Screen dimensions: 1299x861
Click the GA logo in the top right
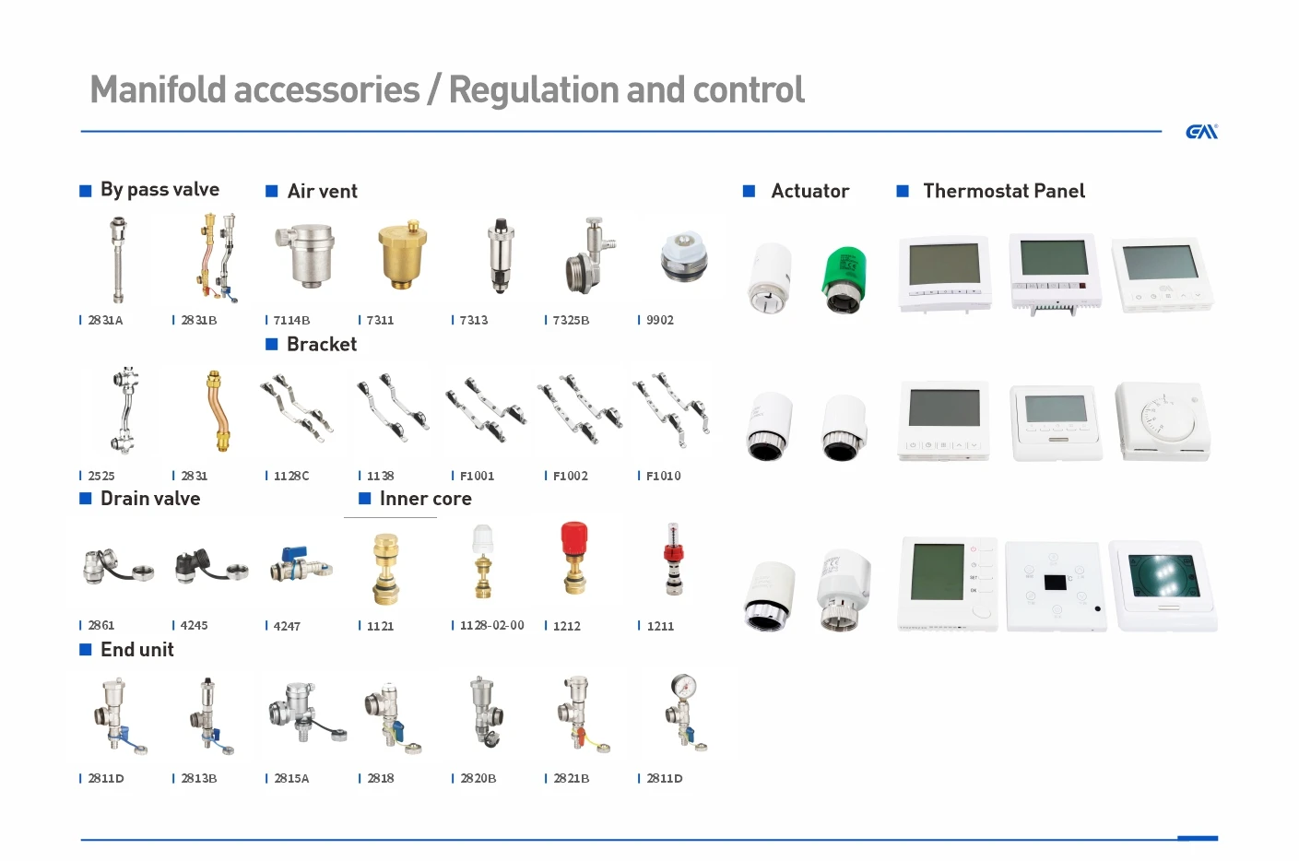pyautogui.click(x=1201, y=132)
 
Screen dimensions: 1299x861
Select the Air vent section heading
pyautogui.click(x=322, y=191)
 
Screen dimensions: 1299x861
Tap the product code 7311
pyautogui.click(x=380, y=320)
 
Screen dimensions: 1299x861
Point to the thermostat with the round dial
pyautogui.click(x=1162, y=420)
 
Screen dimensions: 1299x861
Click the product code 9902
pyautogui.click(x=660, y=320)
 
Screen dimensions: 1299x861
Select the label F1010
pyautogui.click(x=663, y=476)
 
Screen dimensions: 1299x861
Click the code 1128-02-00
pyautogui.click(x=492, y=625)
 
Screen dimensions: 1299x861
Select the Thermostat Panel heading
pyautogui.click(x=1004, y=191)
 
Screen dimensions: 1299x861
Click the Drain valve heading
pyautogui.click(x=150, y=499)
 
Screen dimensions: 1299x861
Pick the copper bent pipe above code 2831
pyautogui.click(x=215, y=410)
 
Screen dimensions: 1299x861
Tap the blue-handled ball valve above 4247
pyautogui.click(x=300, y=563)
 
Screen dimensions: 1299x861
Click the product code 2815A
pyautogui.click(x=291, y=778)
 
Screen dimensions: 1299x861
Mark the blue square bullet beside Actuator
pyautogui.click(x=750, y=191)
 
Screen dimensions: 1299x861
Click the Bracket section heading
pyautogui.click(x=321, y=344)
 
